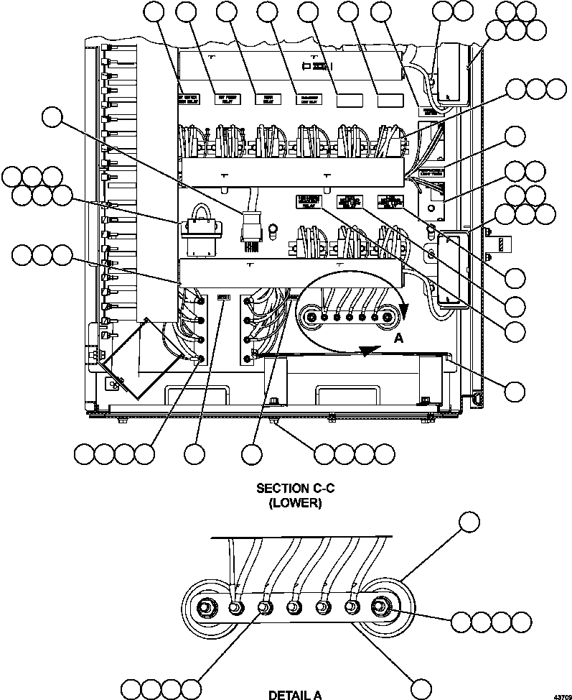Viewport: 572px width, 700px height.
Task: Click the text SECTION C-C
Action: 295,489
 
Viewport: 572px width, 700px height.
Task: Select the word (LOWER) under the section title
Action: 295,503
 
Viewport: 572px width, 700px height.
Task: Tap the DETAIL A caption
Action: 294,694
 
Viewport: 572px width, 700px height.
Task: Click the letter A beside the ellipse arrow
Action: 397,336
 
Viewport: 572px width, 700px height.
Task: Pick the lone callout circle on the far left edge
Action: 52,117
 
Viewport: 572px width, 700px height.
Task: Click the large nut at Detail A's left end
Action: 205,608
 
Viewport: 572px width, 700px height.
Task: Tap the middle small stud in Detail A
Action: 293,607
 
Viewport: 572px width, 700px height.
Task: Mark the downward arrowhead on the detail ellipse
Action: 403,309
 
